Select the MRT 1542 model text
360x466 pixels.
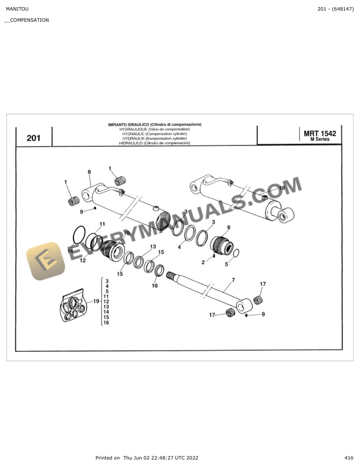click(x=319, y=134)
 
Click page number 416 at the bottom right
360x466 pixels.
click(x=349, y=457)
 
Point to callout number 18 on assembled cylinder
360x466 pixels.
click(x=282, y=188)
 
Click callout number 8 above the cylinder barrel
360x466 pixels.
click(x=89, y=172)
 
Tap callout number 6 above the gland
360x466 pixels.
click(x=228, y=227)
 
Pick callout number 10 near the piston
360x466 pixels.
click(x=126, y=234)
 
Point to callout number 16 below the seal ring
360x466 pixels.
click(x=155, y=285)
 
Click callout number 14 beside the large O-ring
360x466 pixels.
click(x=70, y=251)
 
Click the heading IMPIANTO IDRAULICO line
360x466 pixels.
click(x=155, y=125)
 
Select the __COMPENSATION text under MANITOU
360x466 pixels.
click(x=26, y=20)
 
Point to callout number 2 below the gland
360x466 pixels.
click(x=203, y=262)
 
